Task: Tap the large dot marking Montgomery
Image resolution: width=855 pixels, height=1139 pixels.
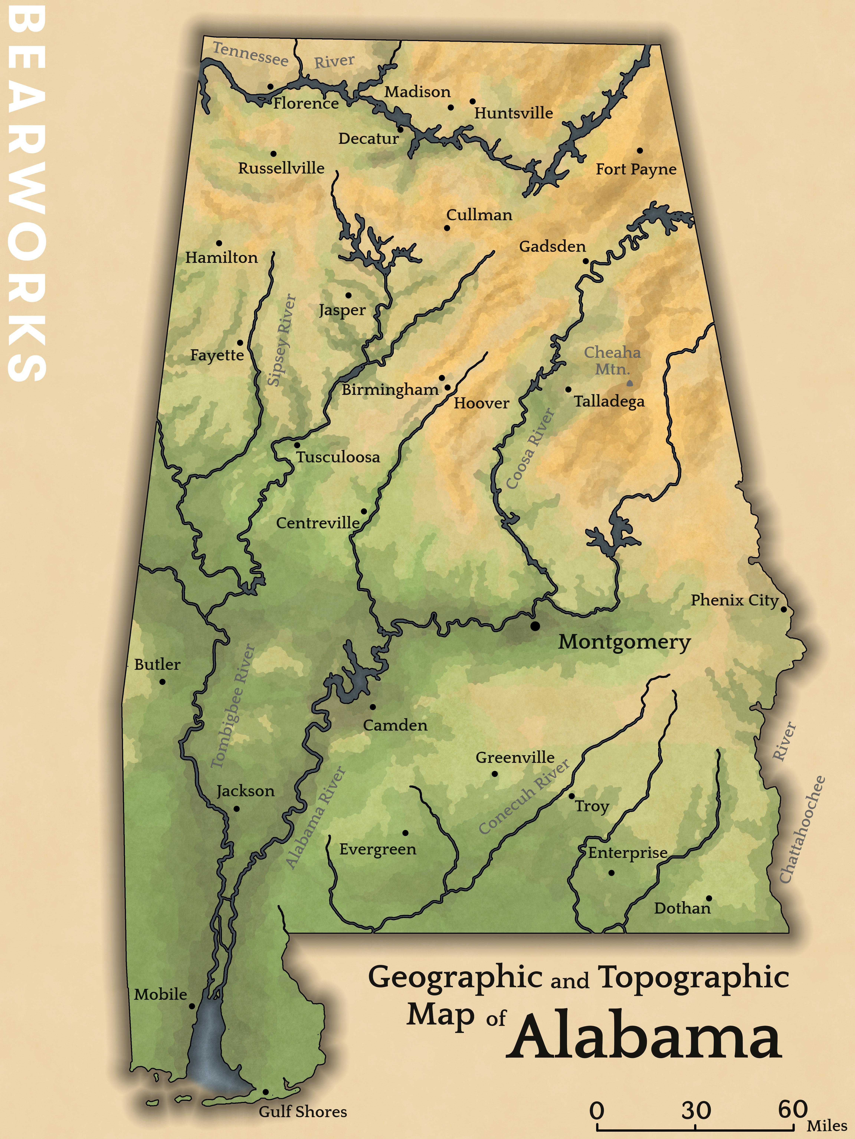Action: click(x=535, y=626)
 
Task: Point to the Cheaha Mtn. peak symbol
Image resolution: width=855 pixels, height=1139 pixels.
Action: click(x=629, y=383)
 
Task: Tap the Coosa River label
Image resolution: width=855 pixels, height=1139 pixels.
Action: click(x=530, y=448)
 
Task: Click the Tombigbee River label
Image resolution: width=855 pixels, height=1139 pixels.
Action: click(x=233, y=706)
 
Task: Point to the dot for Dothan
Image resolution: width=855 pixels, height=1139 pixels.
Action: click(x=709, y=899)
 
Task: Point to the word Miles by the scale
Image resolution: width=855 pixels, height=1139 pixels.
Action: click(x=827, y=1126)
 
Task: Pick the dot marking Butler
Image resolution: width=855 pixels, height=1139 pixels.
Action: click(x=162, y=682)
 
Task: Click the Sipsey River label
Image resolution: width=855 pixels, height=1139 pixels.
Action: click(x=282, y=340)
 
